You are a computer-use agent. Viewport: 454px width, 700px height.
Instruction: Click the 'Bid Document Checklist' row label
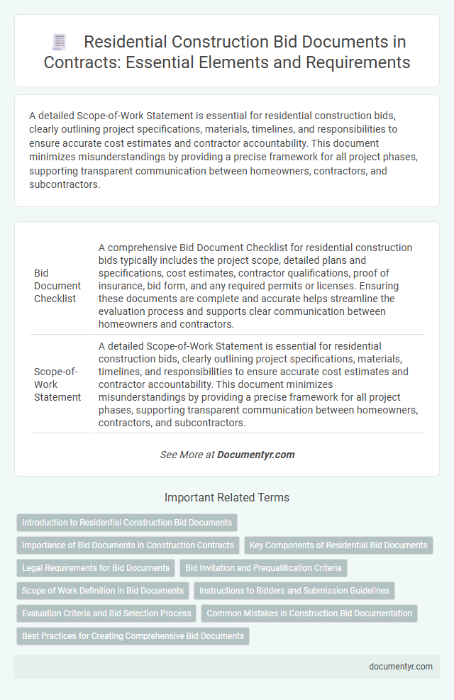click(57, 286)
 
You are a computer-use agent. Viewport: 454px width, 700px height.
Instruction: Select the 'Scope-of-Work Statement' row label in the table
click(57, 384)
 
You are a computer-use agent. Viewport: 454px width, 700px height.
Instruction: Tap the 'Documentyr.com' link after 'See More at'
click(257, 455)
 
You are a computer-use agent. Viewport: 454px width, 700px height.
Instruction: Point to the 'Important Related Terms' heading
click(226, 497)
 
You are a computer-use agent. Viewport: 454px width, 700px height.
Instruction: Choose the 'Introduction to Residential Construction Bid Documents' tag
click(127, 523)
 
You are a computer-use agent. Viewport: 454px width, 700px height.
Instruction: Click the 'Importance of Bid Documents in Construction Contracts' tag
click(127, 545)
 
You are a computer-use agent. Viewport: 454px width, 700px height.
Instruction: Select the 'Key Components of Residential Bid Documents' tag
click(339, 545)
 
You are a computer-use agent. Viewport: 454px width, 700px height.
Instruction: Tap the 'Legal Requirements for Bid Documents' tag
click(96, 567)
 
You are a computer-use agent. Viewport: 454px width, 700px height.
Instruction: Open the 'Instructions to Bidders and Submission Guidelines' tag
click(294, 590)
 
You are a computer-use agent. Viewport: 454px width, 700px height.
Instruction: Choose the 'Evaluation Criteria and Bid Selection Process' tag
click(106, 613)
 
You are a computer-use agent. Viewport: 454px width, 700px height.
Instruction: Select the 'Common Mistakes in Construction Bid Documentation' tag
click(309, 613)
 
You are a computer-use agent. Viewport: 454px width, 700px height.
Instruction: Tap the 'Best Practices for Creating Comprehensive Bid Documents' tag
click(133, 635)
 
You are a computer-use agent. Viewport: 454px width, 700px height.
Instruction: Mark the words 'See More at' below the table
click(187, 455)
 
